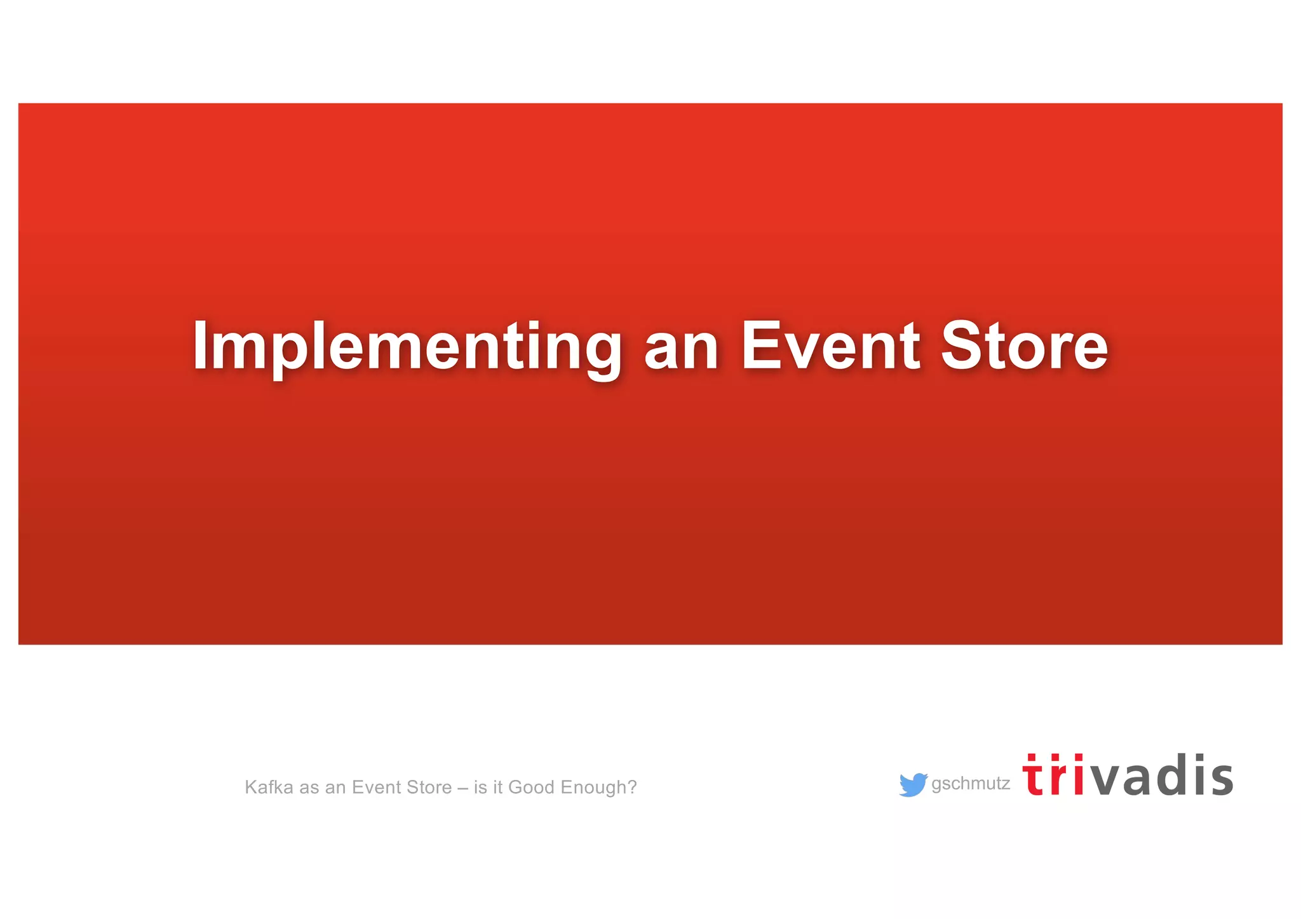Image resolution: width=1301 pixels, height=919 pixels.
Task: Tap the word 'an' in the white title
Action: coord(680,349)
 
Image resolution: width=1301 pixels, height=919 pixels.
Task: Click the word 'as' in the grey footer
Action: coord(309,788)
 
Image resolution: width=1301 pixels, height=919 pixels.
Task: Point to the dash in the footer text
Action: coord(462,788)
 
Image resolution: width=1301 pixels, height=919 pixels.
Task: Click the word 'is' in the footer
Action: coord(480,788)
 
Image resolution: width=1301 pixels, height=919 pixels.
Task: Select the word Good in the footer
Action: coord(532,788)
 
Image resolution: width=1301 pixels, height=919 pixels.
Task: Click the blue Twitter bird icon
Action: coord(913,785)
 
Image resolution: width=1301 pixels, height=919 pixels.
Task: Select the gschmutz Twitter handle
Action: coord(970,784)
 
